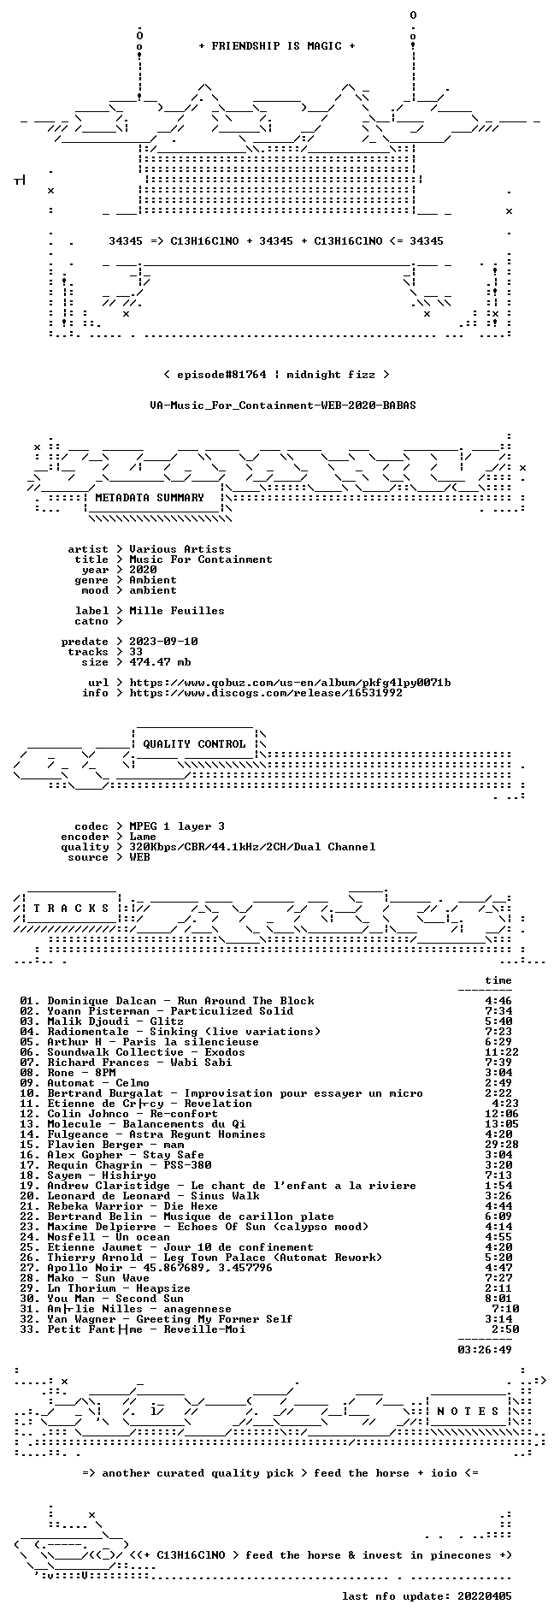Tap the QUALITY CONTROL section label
point(194,744)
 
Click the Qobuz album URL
point(290,683)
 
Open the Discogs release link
point(266,693)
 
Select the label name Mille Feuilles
point(177,611)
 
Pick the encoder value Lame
point(143,837)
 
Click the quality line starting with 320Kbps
point(252,847)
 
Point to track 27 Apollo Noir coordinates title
point(146,1268)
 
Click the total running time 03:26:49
point(485,1350)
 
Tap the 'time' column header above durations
point(498,980)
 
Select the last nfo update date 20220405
point(485,1596)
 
